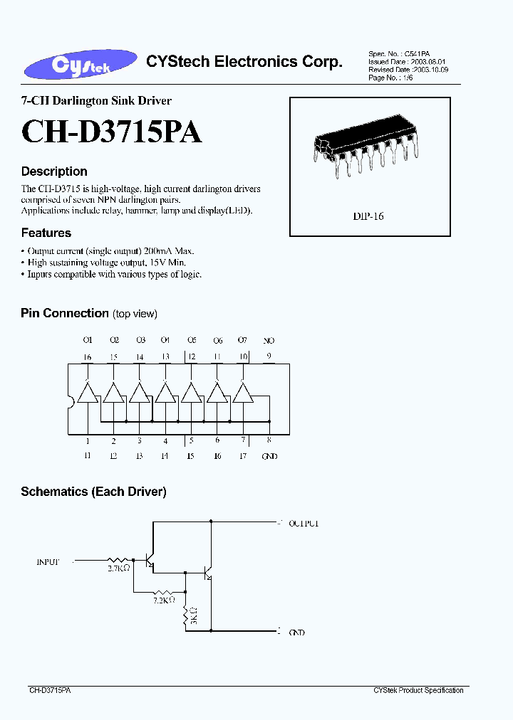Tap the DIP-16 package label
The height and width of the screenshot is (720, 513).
tap(368, 216)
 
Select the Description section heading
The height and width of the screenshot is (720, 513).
tap(54, 171)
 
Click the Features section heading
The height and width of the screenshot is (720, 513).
tap(46, 233)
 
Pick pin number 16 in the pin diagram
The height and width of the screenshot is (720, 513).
tap(88, 356)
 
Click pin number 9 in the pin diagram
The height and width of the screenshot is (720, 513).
tap(269, 356)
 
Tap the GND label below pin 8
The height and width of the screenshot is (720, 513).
tap(269, 456)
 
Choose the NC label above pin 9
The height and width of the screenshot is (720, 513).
tap(269, 341)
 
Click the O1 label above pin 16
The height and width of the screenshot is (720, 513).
tap(88, 341)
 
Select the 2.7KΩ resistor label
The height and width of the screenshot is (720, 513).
tap(118, 569)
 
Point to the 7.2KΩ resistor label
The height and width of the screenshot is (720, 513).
tap(164, 600)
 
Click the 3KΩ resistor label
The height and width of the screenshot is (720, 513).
tap(193, 617)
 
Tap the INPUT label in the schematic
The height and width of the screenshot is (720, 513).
tap(48, 561)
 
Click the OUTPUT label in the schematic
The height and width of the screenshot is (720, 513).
tap(304, 523)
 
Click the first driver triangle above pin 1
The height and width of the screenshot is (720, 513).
tap(88, 393)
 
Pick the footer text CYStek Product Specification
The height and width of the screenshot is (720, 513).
tap(418, 690)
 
